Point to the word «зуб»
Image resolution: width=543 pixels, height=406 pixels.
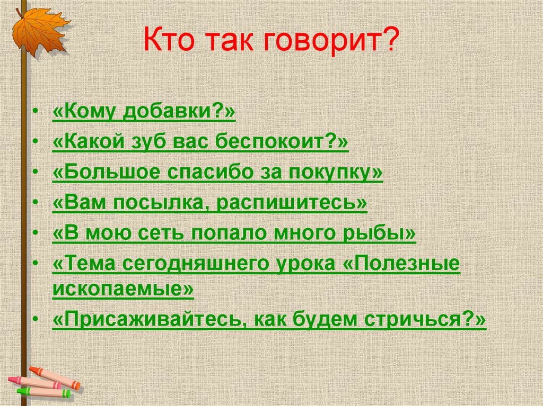pos(162,142)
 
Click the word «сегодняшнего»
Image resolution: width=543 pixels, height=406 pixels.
pos(202,264)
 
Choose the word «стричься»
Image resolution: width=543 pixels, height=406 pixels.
pos(424,320)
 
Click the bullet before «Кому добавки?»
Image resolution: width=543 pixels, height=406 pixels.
pos(35,113)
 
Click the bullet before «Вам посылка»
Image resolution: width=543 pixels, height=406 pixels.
pos(35,203)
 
